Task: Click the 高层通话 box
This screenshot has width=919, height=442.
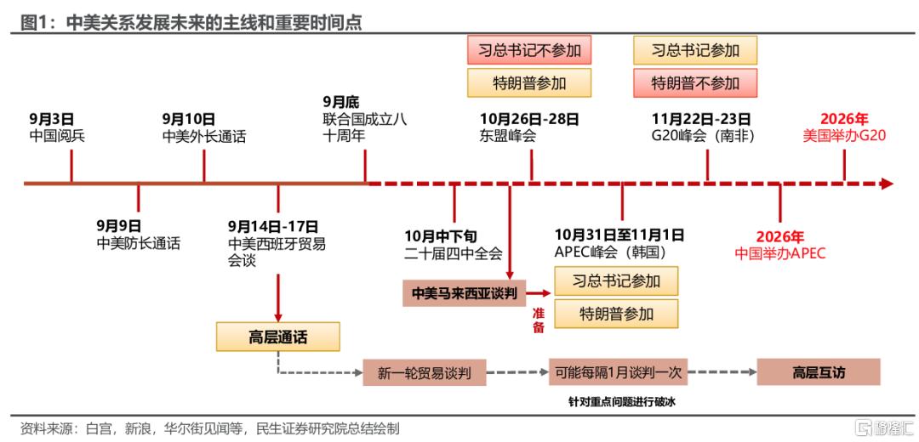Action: pos(278,337)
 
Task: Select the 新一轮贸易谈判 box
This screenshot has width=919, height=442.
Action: pos(424,371)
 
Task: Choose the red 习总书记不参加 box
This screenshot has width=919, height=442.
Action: pos(528,50)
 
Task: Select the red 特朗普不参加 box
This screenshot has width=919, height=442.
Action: pos(695,82)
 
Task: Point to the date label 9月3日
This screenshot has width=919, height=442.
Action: pos(52,119)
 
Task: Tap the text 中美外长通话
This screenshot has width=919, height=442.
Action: pos(204,136)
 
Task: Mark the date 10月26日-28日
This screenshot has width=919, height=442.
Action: pos(530,119)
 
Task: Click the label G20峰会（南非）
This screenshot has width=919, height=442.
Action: pos(703,136)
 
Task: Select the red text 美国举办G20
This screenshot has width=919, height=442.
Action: pos(845,136)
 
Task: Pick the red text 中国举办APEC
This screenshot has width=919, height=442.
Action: pos(780,252)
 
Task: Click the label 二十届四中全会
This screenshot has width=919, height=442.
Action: pos(454,252)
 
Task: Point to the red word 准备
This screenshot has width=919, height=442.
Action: pos(538,320)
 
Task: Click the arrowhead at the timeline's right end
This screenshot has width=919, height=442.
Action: pos(887,184)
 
